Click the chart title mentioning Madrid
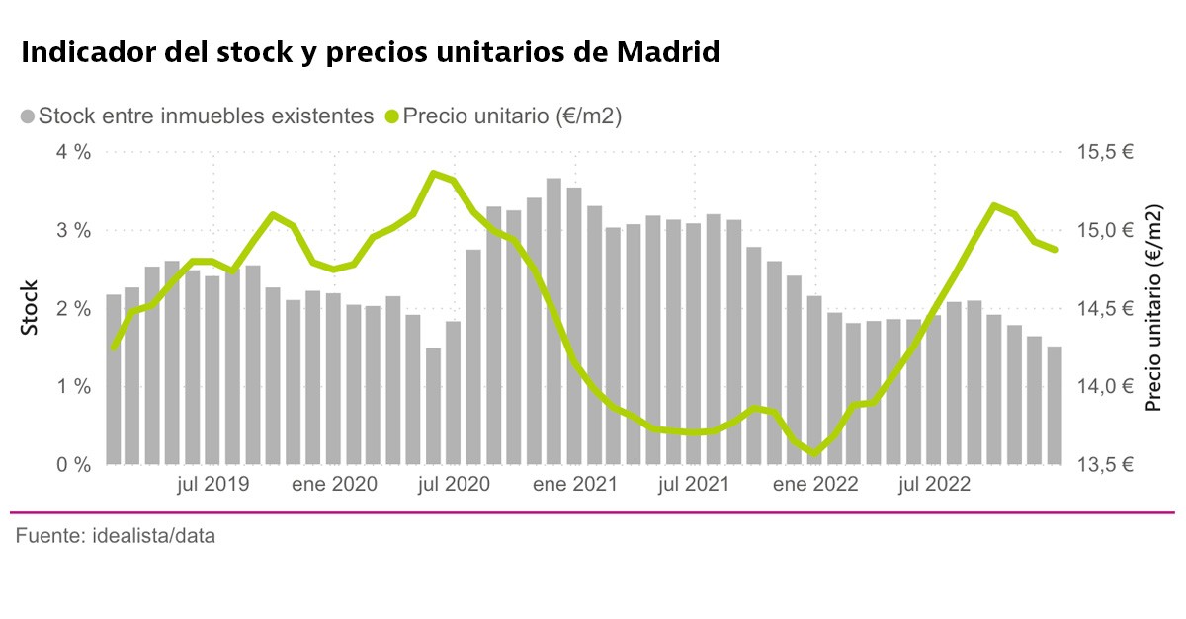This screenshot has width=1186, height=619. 370,52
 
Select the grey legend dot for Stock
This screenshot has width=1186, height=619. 27,116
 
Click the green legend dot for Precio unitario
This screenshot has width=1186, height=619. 391,116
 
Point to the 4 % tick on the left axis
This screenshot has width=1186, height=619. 73,152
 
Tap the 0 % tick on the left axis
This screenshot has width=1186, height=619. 73,464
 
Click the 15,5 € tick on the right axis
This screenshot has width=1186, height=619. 1105,152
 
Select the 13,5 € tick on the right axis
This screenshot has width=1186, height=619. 1105,464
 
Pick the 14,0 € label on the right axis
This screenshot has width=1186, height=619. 1105,386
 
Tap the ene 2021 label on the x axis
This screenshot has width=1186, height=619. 574,485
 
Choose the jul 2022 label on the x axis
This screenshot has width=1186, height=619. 934,485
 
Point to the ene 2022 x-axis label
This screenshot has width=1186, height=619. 815,485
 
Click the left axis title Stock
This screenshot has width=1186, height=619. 31,308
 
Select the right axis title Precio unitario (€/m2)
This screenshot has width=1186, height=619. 1153,308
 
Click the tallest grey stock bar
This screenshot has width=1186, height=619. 553,321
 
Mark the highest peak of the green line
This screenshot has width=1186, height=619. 433,173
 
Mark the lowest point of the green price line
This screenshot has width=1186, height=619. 814,453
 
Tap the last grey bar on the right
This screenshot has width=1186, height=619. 1055,405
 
